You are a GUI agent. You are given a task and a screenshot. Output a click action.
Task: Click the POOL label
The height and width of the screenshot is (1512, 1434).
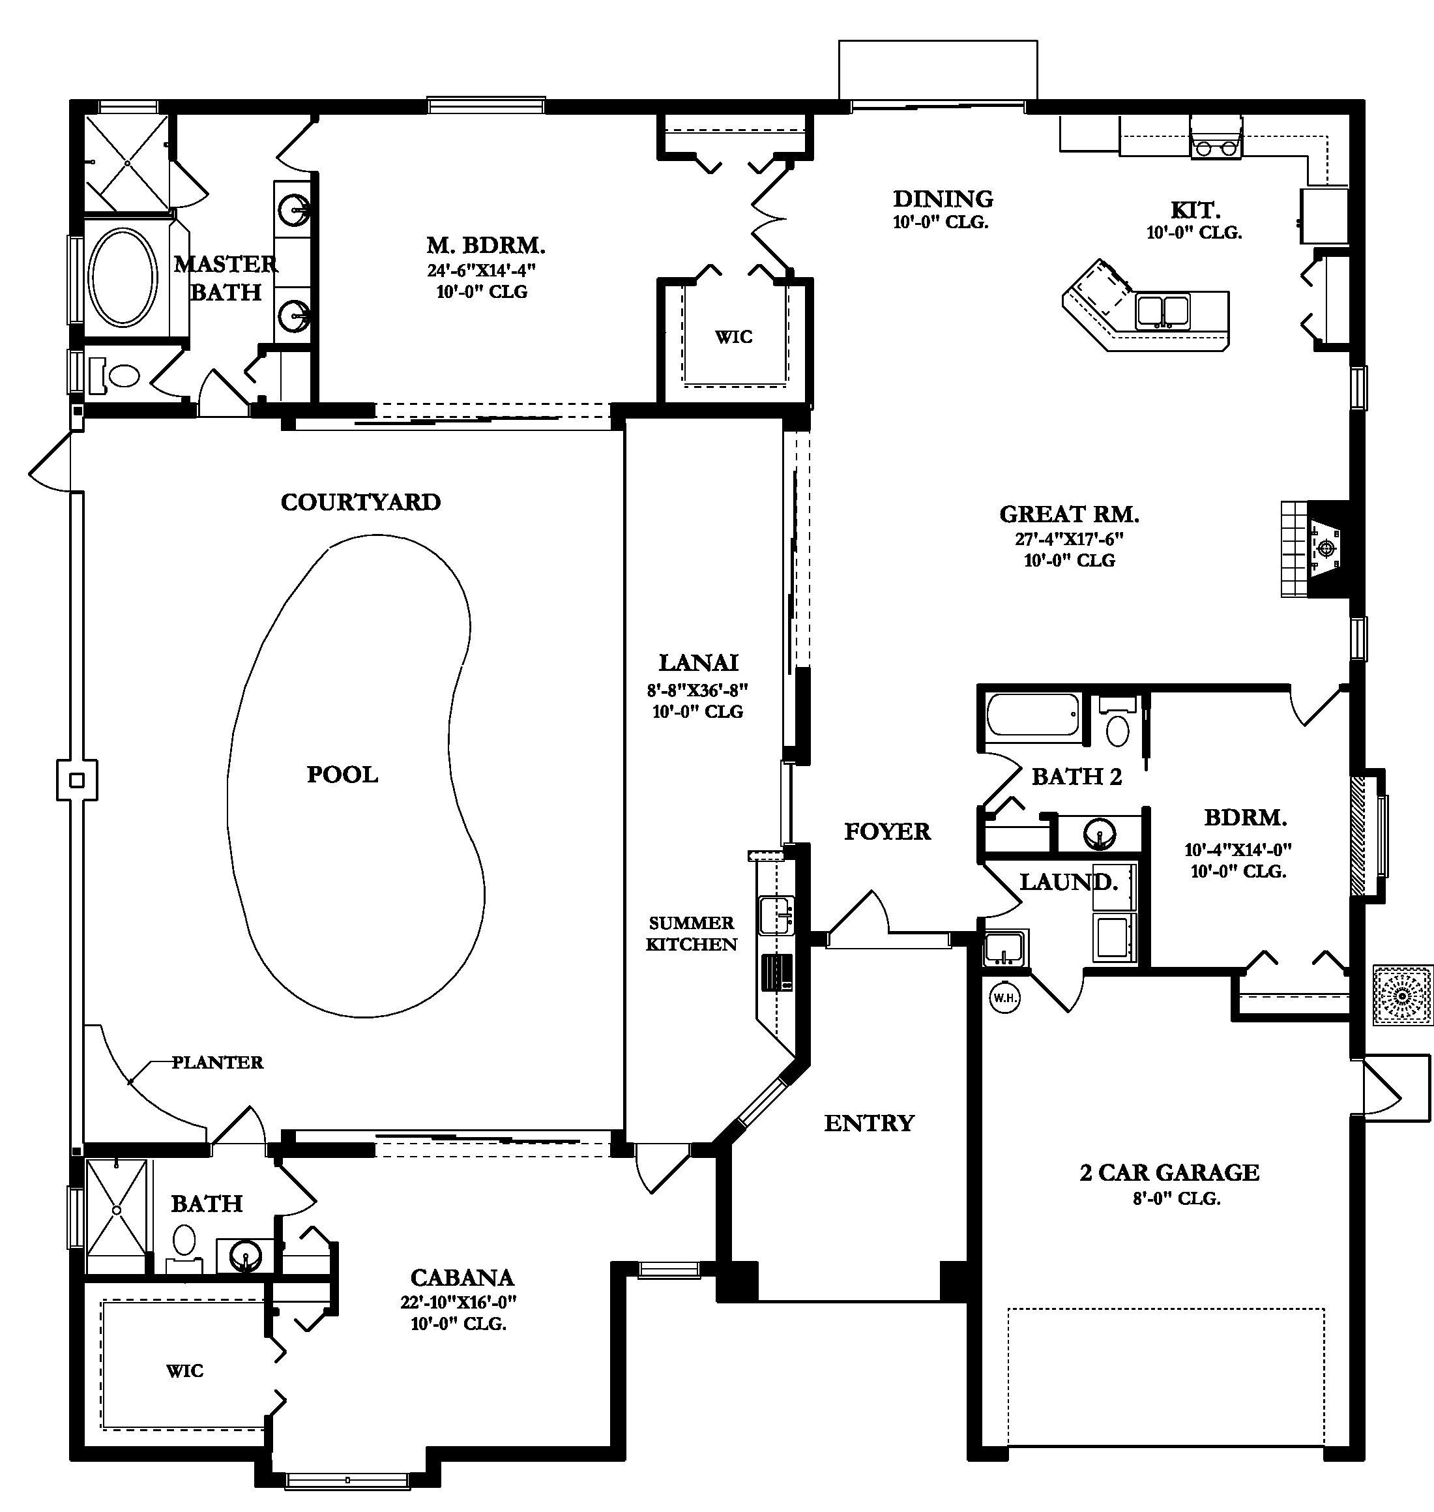click(x=342, y=775)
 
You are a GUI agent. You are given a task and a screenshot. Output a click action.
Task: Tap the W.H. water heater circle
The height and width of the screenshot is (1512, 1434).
click(x=1004, y=998)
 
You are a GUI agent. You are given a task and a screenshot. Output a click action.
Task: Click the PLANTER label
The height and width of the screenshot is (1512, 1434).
click(x=217, y=1061)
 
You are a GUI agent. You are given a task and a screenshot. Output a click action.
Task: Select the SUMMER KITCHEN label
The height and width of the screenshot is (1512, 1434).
click(x=691, y=933)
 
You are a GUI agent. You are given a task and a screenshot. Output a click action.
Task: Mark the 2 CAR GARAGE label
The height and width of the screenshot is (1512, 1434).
click(x=1169, y=1172)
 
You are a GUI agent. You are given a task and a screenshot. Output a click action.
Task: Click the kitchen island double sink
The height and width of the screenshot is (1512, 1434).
click(x=1163, y=311)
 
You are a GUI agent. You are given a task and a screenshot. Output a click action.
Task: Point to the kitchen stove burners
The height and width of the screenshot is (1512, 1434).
click(x=1216, y=147)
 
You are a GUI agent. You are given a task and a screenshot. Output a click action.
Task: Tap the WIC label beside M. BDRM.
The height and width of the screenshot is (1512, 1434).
click(x=734, y=336)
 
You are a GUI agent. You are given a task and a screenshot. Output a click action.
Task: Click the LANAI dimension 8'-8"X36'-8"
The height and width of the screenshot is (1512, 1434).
click(x=697, y=690)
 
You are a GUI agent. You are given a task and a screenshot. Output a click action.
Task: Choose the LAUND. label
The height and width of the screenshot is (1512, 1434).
click(x=1068, y=882)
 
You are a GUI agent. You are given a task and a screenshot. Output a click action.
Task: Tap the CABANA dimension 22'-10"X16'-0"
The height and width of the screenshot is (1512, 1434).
click(x=459, y=1302)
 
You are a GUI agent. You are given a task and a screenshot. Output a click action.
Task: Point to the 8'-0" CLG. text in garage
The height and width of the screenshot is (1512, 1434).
click(x=1177, y=1198)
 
